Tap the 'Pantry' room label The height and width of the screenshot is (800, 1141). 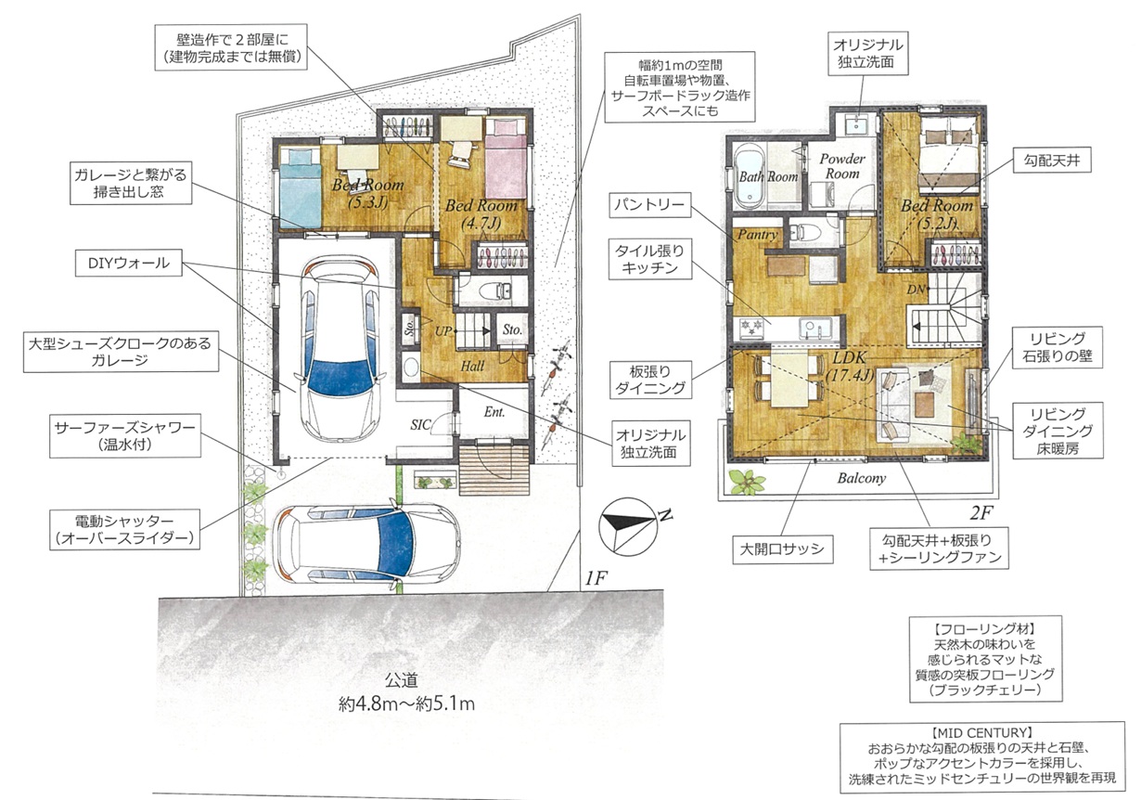coord(757,235)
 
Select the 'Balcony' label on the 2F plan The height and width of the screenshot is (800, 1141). coord(862,478)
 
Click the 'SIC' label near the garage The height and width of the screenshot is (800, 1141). coord(420,424)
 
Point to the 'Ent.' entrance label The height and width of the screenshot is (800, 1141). coord(494,412)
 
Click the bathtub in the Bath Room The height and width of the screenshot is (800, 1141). coord(750,175)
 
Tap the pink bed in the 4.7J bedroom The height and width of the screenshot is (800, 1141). coord(506,159)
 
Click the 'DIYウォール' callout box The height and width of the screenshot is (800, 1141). coord(128,263)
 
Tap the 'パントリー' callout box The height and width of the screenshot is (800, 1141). coord(650,205)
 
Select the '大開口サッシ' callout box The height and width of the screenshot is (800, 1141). coord(783,549)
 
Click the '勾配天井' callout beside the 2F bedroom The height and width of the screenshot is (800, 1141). coord(1052,161)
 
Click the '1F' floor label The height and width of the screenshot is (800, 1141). coord(596,578)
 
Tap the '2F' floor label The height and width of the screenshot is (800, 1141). coord(981,512)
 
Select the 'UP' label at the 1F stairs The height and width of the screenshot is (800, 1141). coord(443,331)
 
